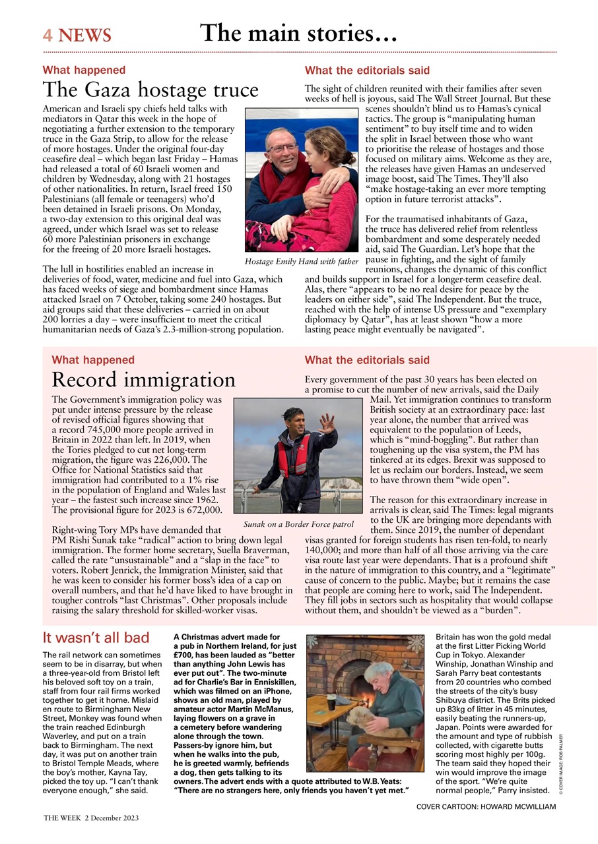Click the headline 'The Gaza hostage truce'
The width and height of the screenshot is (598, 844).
point(150,90)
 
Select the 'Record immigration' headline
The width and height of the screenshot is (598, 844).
point(143,380)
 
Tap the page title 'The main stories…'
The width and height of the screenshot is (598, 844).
point(298,32)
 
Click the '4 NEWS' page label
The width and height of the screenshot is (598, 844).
point(77,35)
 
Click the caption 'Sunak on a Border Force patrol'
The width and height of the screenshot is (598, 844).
point(298,524)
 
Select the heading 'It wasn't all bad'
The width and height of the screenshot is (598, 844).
point(96,638)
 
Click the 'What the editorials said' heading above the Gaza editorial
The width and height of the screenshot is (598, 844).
point(367,70)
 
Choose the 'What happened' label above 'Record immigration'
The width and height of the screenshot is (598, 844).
point(93,360)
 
